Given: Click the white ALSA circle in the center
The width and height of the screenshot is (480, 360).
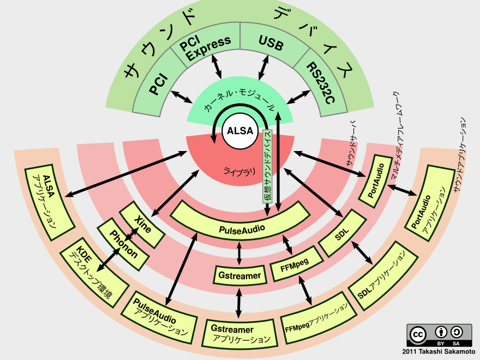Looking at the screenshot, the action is coord(240,131).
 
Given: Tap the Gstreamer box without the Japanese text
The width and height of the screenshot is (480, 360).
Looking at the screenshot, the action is coord(239,275).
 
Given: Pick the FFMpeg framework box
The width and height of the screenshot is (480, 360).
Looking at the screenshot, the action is coord(296,264).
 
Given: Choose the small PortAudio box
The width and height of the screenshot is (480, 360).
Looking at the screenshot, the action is coord(375,181).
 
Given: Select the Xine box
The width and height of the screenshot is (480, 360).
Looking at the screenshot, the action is coord(142,224).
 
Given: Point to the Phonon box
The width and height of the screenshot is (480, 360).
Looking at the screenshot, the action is coord(123,244).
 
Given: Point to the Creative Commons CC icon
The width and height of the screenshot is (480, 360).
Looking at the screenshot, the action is coord(418,334).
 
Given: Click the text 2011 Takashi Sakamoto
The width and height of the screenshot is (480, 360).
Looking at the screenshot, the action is coord(439,352).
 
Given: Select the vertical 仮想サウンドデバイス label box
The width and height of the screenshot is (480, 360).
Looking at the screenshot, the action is coord(267,166).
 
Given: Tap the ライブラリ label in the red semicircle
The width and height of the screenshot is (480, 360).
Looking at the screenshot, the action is coord(239,171).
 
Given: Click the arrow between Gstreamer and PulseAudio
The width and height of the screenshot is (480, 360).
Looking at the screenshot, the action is coord(239,253).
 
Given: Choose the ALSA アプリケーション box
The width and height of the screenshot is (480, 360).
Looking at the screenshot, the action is coord(50,202).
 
